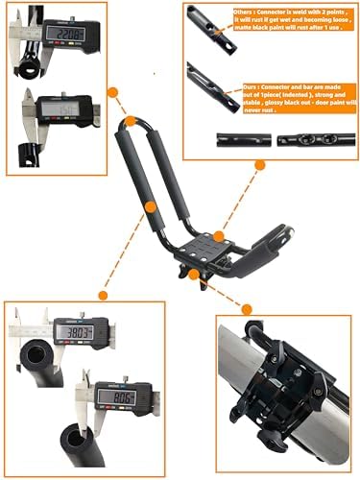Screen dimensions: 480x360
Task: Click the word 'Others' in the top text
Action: tap(244, 13)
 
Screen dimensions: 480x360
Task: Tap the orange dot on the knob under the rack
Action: tap(195, 275)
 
